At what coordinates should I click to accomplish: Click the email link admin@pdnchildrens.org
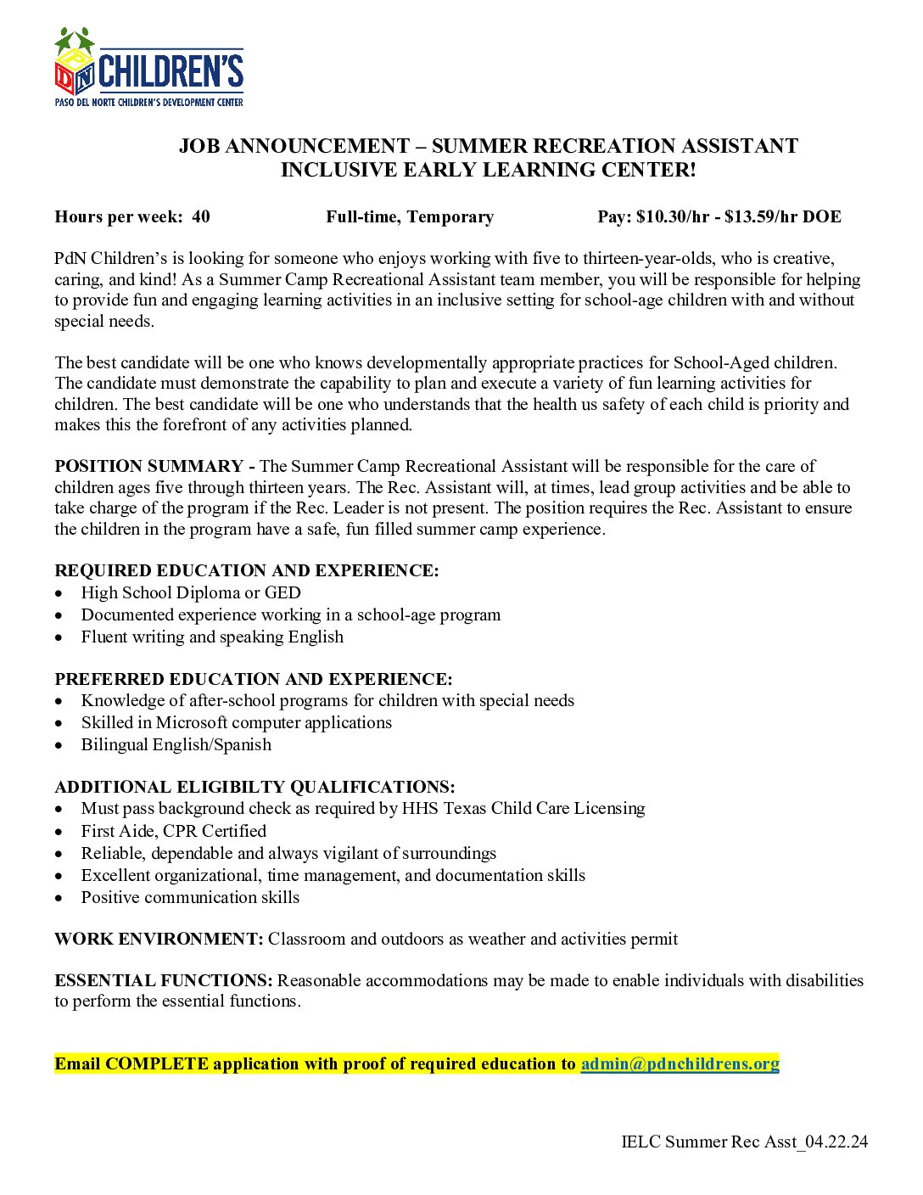pos(680,1063)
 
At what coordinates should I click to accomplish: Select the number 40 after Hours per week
pos(201,216)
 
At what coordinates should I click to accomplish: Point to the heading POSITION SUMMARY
pos(148,466)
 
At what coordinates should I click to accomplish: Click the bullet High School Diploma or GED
pos(191,592)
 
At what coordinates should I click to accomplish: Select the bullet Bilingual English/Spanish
pos(176,744)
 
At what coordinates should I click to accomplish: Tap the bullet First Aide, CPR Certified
pos(174,831)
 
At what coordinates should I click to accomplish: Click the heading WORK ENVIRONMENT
pos(159,939)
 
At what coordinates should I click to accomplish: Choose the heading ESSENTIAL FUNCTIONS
pos(164,980)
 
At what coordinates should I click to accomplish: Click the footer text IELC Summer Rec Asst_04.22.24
pos(744,1142)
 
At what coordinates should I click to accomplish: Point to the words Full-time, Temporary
pos(410,216)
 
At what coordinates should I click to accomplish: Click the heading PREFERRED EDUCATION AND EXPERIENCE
pos(254,679)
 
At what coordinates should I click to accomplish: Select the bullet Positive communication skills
pos(190,897)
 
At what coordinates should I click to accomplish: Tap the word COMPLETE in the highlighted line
pos(157,1063)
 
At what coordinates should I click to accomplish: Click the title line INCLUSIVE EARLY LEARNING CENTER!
pos(488,170)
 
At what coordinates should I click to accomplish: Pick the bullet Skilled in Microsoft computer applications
pos(237,722)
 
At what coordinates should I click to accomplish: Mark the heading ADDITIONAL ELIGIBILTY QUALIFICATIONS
pos(255,787)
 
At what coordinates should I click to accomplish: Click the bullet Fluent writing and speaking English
pos(212,637)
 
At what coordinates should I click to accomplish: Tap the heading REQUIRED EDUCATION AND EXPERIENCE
pos(247,570)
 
